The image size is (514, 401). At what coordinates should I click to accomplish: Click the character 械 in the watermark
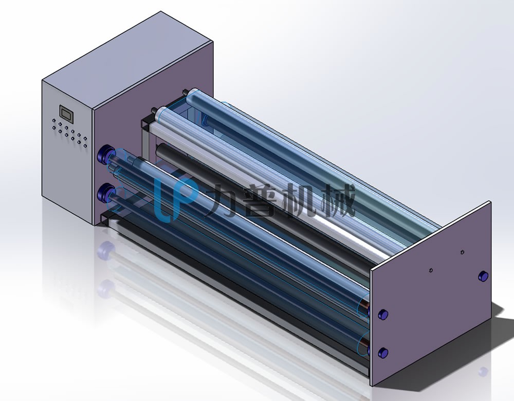pyautogui.click(x=338, y=200)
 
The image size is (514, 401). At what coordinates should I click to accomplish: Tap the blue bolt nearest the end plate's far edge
pyautogui.click(x=483, y=276)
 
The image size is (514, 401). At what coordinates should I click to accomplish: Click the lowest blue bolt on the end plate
pyautogui.click(x=383, y=353)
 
